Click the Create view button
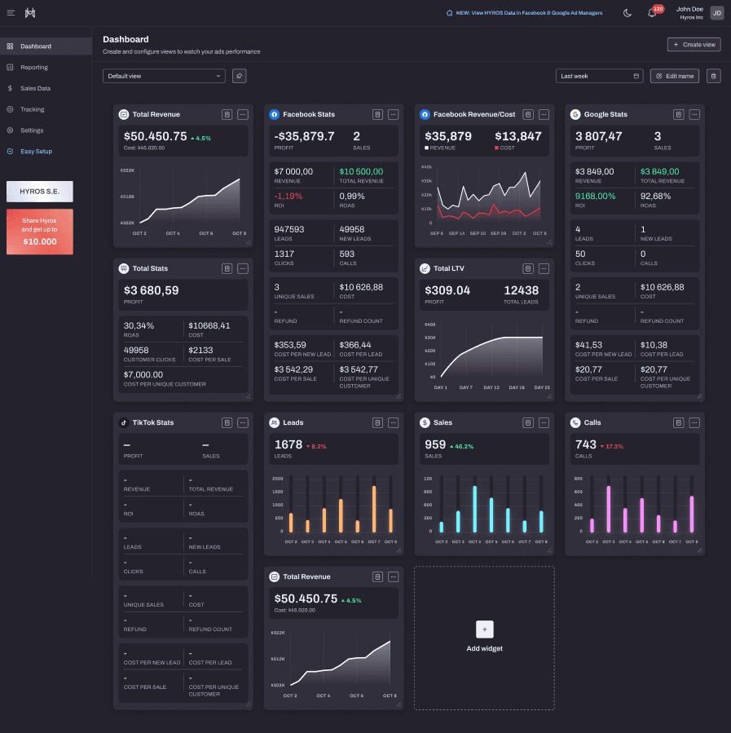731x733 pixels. tap(694, 45)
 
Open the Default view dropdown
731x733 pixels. tap(164, 76)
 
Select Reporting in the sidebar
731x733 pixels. tap(34, 68)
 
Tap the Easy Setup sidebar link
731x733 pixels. tap(36, 152)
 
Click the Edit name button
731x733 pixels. tap(675, 76)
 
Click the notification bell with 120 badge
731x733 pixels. tap(652, 13)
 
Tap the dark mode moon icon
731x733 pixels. tap(628, 13)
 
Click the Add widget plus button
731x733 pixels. tap(484, 629)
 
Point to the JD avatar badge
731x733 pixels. tap(716, 13)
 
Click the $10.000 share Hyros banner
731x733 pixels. tap(40, 232)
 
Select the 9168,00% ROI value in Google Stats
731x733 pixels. tap(595, 196)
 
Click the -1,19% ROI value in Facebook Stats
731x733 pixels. tap(288, 196)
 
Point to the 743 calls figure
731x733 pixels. tap(586, 444)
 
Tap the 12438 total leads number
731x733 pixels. tap(521, 290)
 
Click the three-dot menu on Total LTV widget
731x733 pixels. tap(544, 268)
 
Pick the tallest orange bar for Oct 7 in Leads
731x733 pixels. tap(374, 510)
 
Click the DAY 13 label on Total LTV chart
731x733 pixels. tap(491, 387)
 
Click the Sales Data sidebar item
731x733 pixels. tap(35, 88)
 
